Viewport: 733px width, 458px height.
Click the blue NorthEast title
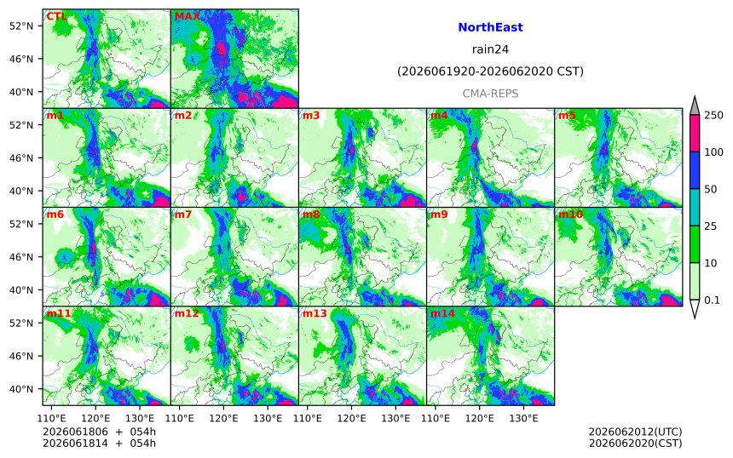click(490, 27)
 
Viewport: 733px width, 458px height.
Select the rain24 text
click(490, 49)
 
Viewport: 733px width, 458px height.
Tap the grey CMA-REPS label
click(490, 94)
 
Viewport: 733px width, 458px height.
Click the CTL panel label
click(56, 16)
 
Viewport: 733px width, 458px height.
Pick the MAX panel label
click(187, 16)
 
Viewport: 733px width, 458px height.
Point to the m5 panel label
click(567, 115)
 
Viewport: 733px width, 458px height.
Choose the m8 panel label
click(311, 215)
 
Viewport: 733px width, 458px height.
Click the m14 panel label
click(442, 313)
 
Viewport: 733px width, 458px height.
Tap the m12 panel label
click(187, 313)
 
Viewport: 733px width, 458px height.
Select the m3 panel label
click(311, 115)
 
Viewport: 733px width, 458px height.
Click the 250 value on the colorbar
click(713, 115)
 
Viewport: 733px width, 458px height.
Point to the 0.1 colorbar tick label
click(712, 301)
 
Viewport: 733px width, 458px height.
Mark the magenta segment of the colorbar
click(695, 134)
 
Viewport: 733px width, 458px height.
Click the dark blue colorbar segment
click(695, 170)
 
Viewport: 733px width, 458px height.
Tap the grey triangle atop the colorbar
click(695, 106)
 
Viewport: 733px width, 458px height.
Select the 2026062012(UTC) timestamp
click(635, 432)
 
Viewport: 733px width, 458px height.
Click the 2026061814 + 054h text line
click(99, 443)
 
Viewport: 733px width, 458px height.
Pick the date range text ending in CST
click(490, 72)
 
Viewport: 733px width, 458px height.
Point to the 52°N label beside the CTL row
click(21, 26)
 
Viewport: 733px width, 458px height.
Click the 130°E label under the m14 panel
click(523, 418)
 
